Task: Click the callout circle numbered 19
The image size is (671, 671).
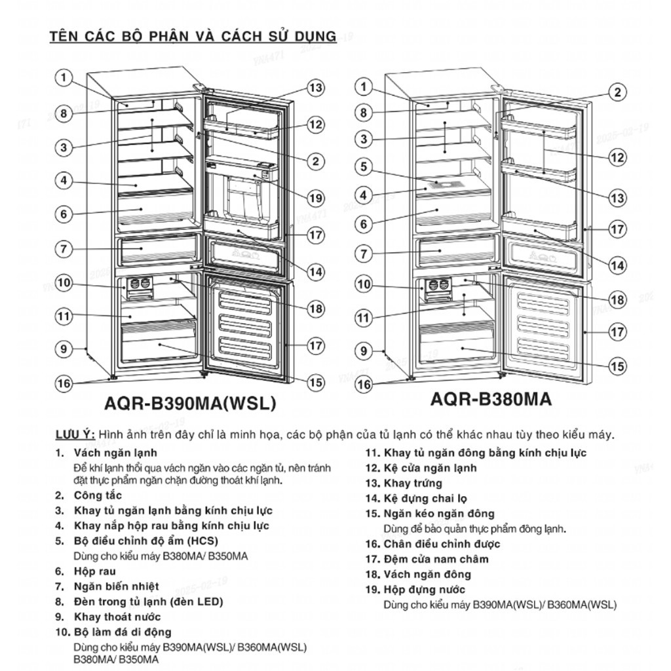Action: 316,198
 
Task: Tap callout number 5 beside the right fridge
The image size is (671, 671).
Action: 363,167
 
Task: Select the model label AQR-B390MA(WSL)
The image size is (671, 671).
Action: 190,404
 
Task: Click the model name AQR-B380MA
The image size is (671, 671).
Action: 491,399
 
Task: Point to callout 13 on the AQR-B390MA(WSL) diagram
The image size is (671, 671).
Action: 316,88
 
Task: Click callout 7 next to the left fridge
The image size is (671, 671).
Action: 64,249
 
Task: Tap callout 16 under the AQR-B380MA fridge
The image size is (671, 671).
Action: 363,385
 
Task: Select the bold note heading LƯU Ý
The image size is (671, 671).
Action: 75,435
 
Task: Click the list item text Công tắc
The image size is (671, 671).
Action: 98,495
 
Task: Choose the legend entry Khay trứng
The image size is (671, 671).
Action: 413,483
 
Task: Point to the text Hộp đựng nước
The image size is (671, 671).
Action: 425,589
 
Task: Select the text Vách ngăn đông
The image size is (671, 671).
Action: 427,574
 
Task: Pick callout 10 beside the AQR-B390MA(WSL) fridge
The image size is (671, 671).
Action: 64,283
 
